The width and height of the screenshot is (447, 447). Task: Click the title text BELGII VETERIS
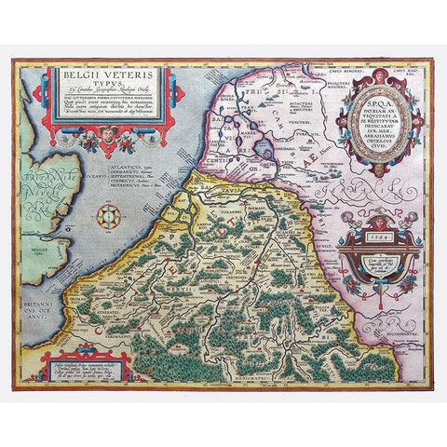click(x=128, y=68)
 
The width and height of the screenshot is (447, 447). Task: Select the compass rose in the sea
click(x=112, y=217)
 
